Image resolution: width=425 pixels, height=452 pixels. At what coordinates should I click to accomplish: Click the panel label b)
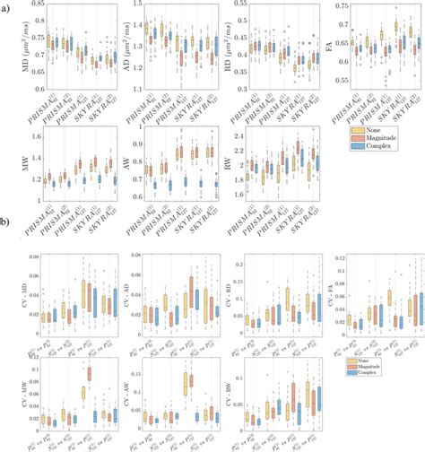5,233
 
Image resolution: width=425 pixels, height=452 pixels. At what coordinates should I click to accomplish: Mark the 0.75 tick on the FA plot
343,5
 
